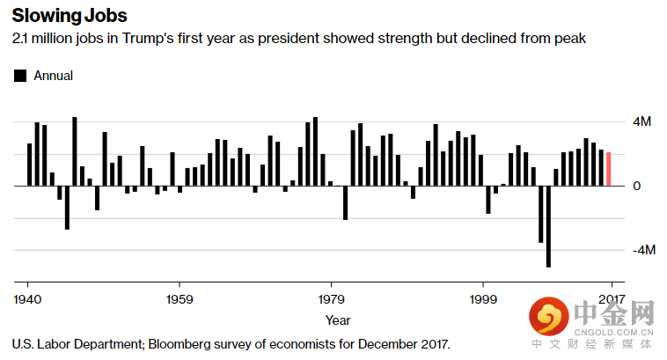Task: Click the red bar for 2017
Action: click(x=608, y=169)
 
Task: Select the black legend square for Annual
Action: click(x=20, y=77)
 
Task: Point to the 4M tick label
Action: click(x=643, y=122)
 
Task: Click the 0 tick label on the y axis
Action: click(x=637, y=187)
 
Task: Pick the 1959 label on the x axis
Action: click(x=180, y=298)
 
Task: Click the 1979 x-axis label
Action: click(x=331, y=298)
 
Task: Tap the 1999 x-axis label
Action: click(x=483, y=298)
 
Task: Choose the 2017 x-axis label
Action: click(x=612, y=298)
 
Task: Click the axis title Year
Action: click(x=338, y=320)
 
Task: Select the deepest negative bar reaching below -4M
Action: click(x=548, y=226)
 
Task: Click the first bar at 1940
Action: click(x=29, y=165)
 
